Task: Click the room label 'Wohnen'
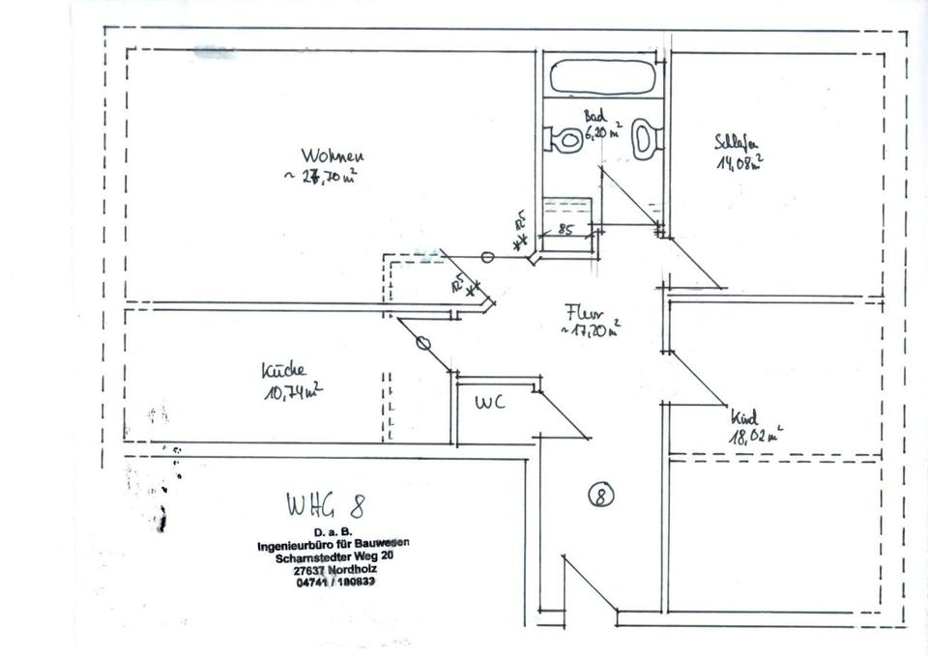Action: click(x=332, y=156)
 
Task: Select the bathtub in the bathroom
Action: click(x=602, y=76)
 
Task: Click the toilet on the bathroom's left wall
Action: click(x=563, y=140)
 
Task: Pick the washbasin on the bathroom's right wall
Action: click(x=645, y=138)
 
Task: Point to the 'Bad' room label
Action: click(x=594, y=117)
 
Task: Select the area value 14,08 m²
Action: click(x=739, y=162)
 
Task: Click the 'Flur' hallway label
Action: click(x=585, y=313)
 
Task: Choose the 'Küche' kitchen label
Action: click(x=283, y=371)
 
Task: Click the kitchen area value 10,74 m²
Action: click(x=291, y=390)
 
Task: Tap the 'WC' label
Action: click(x=489, y=403)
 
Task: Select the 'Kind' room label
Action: click(x=743, y=418)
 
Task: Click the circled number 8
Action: click(x=600, y=496)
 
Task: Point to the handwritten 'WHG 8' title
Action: click(x=325, y=504)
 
